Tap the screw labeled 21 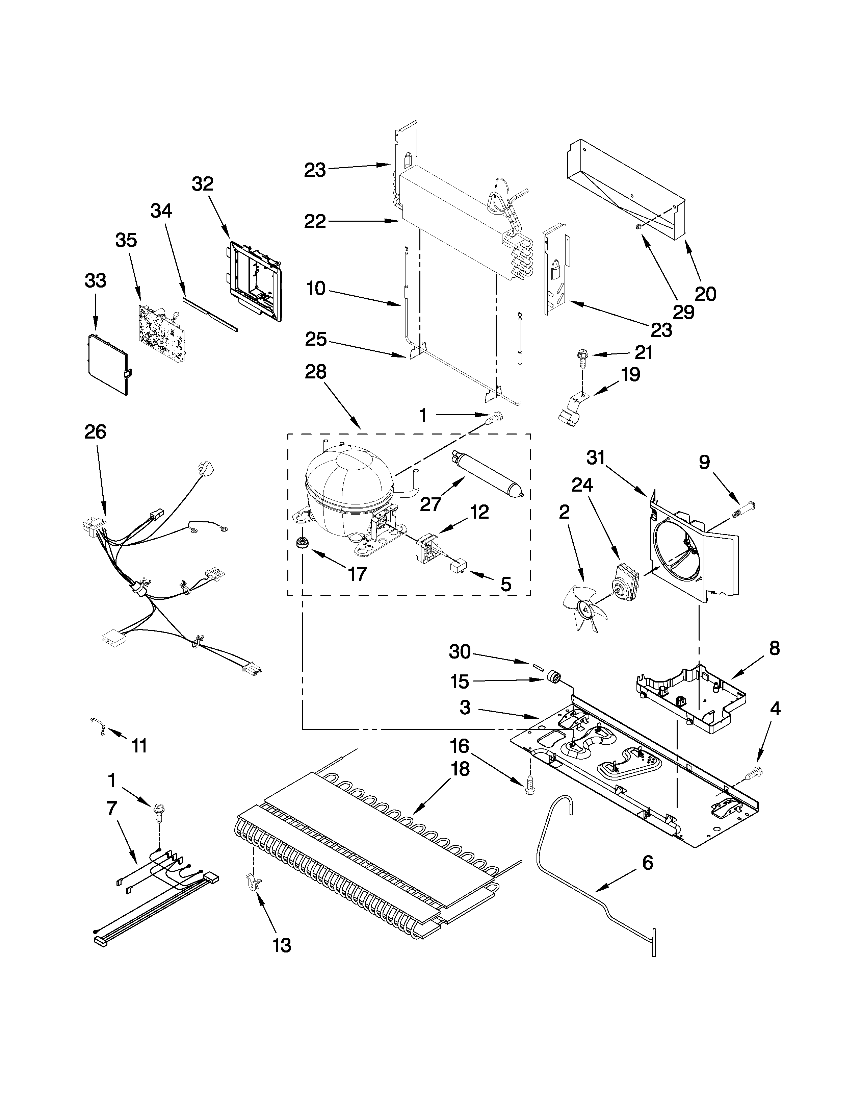(581, 358)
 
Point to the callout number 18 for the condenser (461, 782)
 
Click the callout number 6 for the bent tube (647, 863)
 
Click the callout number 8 (774, 648)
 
